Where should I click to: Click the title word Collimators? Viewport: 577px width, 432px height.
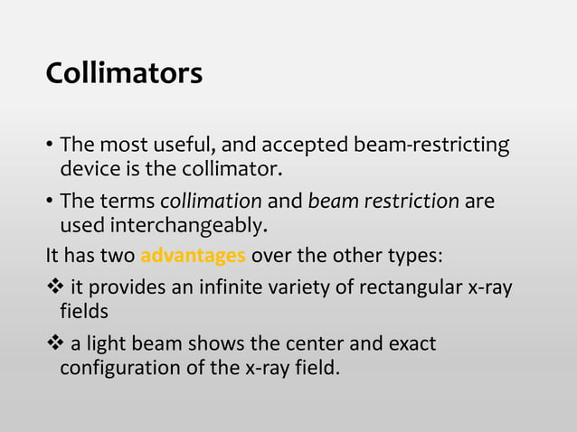[124, 73]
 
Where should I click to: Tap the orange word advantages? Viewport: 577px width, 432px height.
[193, 255]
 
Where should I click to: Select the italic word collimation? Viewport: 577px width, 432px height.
[211, 200]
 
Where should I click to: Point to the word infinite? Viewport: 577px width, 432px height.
[238, 288]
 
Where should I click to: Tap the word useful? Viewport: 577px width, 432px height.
[191, 145]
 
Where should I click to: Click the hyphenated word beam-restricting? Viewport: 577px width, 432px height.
[437, 145]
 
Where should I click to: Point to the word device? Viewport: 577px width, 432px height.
[87, 168]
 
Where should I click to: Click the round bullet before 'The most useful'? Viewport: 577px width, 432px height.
[50, 146]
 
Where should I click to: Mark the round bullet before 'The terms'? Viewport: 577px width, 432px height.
[50, 201]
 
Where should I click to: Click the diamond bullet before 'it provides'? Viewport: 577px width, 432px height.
[54, 288]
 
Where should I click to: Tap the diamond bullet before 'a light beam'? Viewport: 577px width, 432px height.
[54, 344]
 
